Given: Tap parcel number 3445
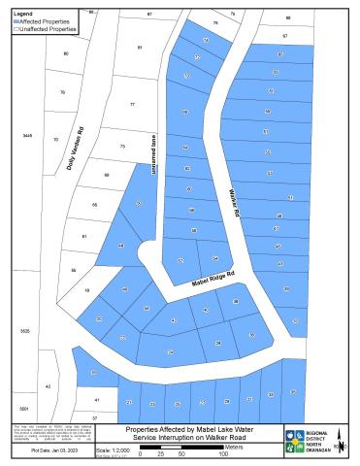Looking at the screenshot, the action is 27,135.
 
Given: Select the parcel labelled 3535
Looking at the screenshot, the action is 24,331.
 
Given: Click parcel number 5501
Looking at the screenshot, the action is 24,409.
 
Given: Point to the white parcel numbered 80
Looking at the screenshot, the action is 66,53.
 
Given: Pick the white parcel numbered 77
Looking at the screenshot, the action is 132,104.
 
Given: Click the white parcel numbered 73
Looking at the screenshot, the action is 122,146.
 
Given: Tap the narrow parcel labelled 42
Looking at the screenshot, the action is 48,386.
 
